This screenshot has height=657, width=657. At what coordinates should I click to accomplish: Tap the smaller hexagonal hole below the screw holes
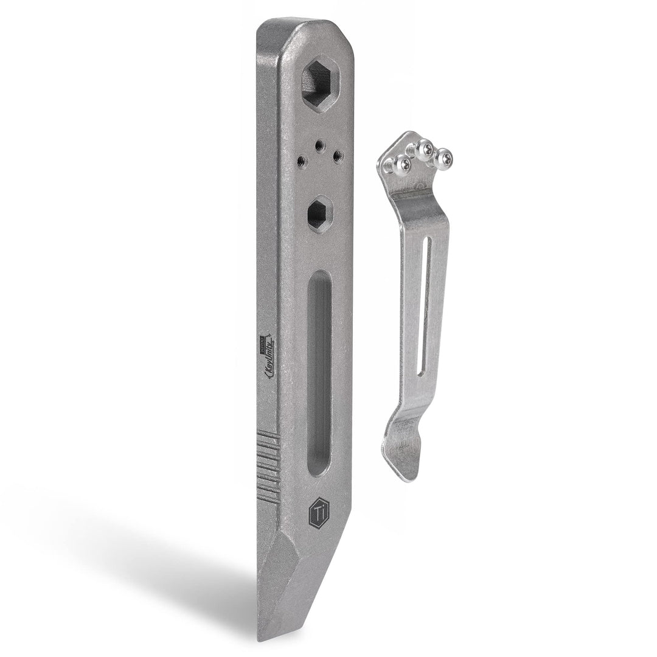319,215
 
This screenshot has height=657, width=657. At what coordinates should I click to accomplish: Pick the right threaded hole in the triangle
338,156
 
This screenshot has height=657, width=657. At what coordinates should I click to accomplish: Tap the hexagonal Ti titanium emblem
319,512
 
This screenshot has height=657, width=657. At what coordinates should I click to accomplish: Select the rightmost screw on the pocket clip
443,159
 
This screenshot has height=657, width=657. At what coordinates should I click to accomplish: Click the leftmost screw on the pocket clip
401,164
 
